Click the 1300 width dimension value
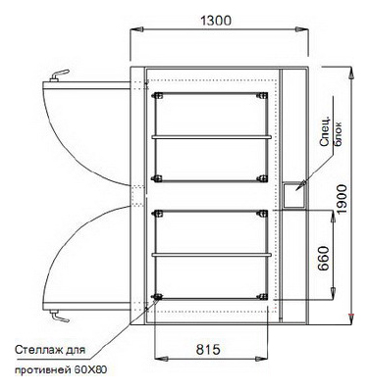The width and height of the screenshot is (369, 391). pos(216,21)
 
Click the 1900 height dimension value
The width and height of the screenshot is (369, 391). pos(342,199)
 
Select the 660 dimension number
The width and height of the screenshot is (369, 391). pos(323,258)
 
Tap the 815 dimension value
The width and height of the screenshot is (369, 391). pos(208,350)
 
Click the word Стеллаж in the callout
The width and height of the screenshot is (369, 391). pos(36,350)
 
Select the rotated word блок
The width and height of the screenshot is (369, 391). pos(338,134)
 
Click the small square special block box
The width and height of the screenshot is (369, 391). pos(294,195)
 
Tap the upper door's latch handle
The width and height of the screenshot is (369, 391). pos(59,75)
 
